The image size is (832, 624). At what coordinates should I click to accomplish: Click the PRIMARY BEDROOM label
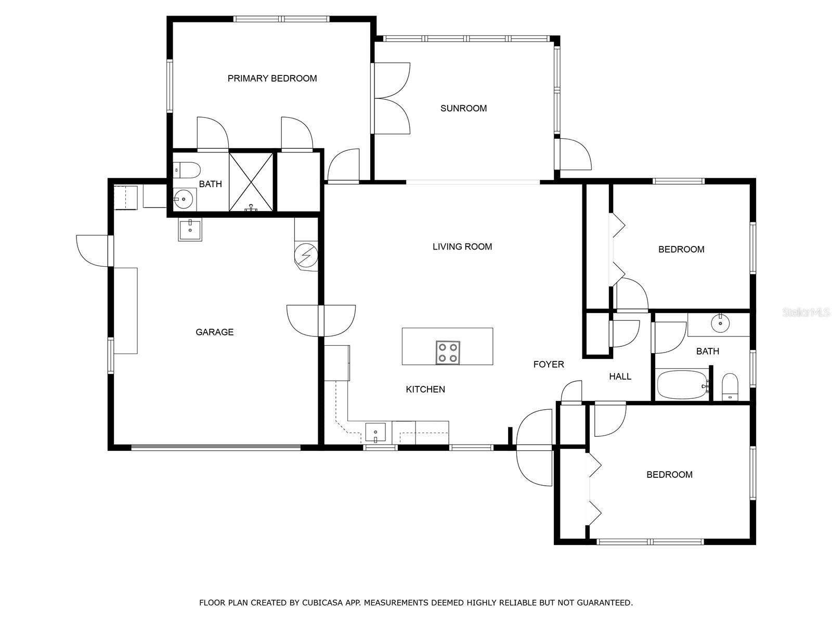(272, 79)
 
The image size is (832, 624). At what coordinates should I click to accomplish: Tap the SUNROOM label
(463, 108)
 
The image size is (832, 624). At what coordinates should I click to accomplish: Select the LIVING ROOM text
(462, 246)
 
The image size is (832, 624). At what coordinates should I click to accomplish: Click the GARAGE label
(214, 332)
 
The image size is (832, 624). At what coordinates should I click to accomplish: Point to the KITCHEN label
(425, 389)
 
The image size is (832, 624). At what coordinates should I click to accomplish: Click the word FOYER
(549, 364)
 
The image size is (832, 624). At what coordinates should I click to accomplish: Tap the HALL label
(620, 376)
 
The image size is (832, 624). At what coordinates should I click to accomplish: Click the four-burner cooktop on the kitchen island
(448, 353)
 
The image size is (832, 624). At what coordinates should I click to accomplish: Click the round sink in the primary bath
(184, 199)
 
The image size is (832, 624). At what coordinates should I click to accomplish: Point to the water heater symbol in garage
(305, 255)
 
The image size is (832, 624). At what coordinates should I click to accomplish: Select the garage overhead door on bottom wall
(216, 447)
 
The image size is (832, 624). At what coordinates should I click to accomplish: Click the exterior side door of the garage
(94, 251)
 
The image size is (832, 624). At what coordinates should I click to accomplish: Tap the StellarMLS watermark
(806, 313)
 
